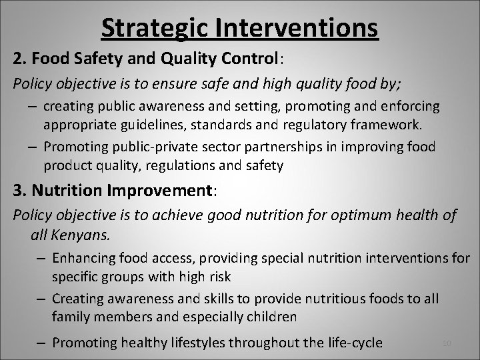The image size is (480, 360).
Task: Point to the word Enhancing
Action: point(81,258)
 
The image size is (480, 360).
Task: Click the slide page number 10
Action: point(447,343)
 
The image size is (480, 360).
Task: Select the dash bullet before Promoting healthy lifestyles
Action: point(42,343)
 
